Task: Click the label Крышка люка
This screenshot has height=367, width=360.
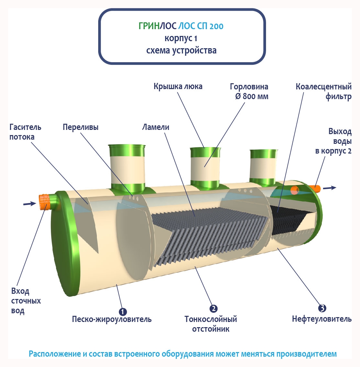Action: pos(178,86)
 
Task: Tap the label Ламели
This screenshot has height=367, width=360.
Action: pos(156,127)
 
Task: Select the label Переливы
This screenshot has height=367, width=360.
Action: pos(80,127)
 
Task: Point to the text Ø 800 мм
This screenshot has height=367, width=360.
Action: pos(251,97)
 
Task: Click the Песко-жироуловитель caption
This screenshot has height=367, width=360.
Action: pos(111,319)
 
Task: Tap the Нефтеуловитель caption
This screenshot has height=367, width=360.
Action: pos(321,319)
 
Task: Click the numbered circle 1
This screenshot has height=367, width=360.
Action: pos(122,312)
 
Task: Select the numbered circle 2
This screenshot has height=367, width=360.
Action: pos(213,309)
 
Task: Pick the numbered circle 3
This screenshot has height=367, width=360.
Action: pos(322,308)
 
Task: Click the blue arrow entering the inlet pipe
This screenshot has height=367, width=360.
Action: pos(29,203)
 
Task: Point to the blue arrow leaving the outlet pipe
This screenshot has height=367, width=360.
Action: pos(330,188)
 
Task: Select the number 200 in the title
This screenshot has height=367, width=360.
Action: pos(216,26)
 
